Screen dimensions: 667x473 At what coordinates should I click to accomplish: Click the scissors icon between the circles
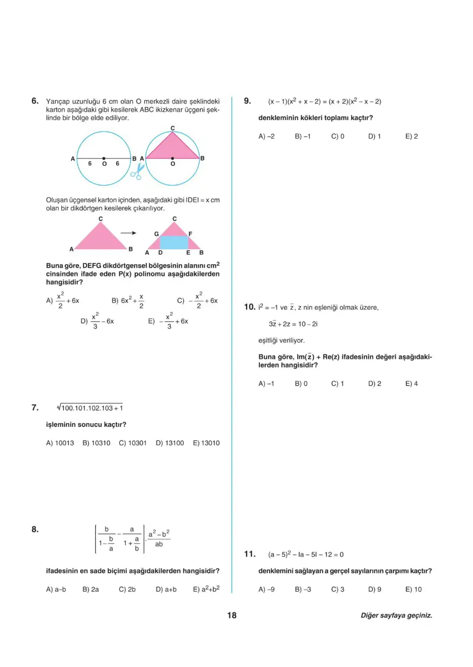[138, 171]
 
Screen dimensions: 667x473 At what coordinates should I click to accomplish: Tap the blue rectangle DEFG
[174, 242]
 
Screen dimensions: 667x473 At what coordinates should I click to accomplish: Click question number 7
[35, 408]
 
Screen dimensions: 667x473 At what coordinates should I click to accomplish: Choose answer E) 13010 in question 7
[206, 443]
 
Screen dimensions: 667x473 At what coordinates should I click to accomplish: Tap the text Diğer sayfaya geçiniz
[396, 615]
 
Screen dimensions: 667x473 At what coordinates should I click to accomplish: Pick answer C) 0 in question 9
[338, 136]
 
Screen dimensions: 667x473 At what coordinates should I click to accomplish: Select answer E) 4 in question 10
[412, 383]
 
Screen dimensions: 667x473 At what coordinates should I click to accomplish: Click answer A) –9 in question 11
[266, 589]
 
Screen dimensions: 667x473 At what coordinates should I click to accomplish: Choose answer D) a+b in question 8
[166, 589]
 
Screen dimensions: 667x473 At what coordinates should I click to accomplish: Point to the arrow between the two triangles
[127, 233]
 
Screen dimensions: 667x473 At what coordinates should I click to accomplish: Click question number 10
[249, 307]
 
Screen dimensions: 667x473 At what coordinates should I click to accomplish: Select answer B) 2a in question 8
[91, 589]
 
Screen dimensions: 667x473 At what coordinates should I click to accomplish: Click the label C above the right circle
[173, 128]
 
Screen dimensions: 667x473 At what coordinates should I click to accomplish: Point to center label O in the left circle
[104, 164]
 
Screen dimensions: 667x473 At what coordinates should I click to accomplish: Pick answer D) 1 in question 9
[374, 136]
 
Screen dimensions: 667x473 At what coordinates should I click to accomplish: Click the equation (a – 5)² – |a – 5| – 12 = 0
[305, 554]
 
